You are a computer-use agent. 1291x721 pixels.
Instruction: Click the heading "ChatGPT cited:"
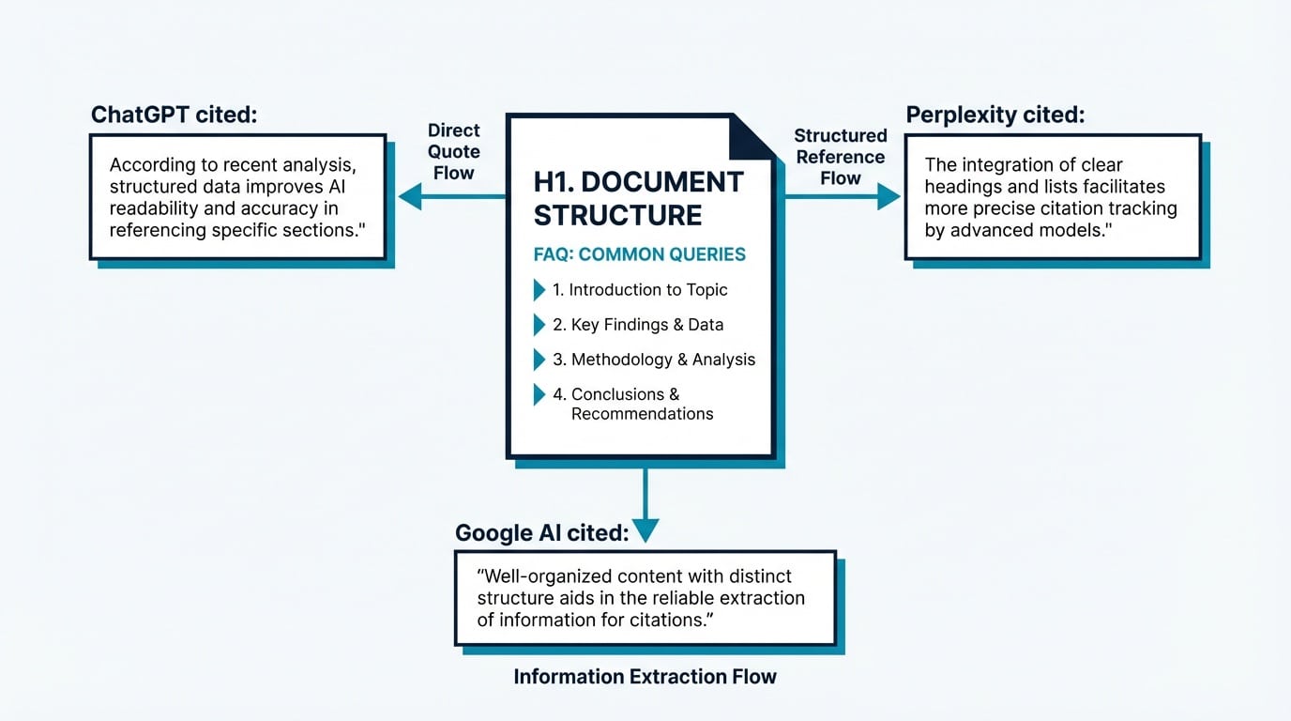click(x=174, y=115)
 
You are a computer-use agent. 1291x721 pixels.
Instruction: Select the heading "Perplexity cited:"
click(x=995, y=115)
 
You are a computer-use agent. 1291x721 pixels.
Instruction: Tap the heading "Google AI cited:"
click(x=541, y=533)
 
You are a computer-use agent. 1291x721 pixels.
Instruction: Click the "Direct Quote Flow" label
click(x=454, y=151)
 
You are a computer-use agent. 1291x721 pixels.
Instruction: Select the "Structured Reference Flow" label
click(x=841, y=157)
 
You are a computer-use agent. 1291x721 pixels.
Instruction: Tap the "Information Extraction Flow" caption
click(x=645, y=677)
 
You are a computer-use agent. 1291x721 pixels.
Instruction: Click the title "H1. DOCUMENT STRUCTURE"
click(x=638, y=198)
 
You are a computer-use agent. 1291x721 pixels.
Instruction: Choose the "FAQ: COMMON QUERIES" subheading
click(x=639, y=254)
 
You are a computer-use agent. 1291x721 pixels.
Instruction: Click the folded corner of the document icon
click(x=752, y=137)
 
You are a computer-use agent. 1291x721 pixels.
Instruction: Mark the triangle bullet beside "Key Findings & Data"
click(x=539, y=325)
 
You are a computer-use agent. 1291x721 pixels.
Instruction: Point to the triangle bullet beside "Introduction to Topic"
click(x=539, y=290)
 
